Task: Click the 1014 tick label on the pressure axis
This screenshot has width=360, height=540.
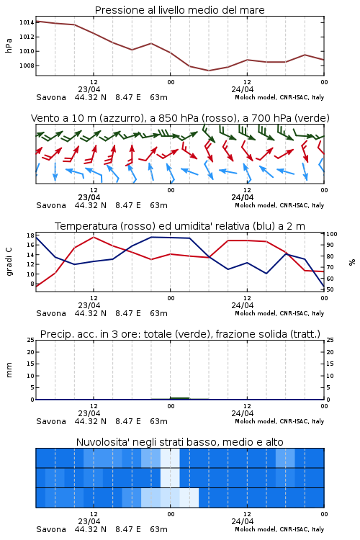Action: point(27,23)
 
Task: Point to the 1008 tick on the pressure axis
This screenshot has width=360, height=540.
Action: point(27,66)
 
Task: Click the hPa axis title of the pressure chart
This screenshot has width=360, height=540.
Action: point(9,45)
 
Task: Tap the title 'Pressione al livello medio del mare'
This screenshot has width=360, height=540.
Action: point(179,10)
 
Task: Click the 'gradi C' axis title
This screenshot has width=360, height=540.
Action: point(9,261)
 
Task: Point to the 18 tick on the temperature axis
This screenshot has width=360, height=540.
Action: point(30,235)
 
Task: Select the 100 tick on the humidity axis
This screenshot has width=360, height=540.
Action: point(332,234)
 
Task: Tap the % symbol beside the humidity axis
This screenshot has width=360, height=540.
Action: point(352,262)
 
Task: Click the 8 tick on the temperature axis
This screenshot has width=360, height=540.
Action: point(32,284)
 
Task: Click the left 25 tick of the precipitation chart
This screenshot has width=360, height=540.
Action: point(31,341)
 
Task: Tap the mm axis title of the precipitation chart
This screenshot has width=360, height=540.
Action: point(9,370)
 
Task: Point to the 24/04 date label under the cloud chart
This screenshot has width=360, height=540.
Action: point(242,521)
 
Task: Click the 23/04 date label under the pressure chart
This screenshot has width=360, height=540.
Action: point(89,89)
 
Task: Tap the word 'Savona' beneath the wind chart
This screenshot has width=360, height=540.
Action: point(51,205)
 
